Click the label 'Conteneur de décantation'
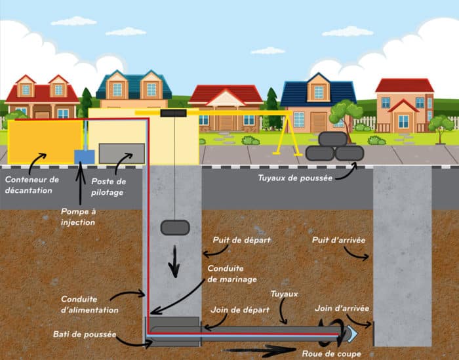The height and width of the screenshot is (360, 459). (31, 184)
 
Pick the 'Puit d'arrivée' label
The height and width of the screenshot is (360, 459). (339, 240)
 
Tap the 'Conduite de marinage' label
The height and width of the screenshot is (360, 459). (227, 273)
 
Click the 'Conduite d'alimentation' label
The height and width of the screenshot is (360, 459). (90, 304)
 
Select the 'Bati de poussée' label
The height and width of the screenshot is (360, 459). (84, 334)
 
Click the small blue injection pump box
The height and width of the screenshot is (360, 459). (84, 157)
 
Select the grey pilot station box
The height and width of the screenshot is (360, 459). (121, 153)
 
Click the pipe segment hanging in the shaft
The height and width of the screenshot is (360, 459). (175, 228)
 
